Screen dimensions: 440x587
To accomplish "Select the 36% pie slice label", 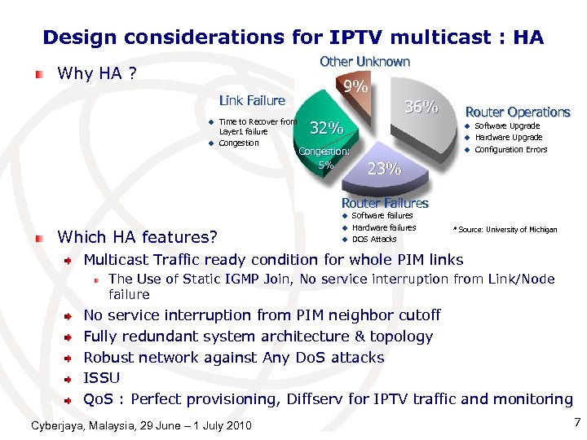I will point(421,107).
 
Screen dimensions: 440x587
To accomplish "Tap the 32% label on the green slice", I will point(327,128).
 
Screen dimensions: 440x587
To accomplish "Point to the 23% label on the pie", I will point(384,169).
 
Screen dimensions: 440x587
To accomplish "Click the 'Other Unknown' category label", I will point(364,61).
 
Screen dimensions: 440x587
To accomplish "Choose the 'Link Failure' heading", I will point(252,100).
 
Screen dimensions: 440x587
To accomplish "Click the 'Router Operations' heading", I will point(517,112).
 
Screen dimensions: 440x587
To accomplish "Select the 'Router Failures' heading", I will point(384,203).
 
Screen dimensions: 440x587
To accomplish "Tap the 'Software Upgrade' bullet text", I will point(507,126).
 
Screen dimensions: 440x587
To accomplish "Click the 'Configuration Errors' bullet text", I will point(510,149).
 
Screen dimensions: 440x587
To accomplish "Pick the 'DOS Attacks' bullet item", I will point(373,239).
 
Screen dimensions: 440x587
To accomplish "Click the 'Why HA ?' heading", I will point(97,74).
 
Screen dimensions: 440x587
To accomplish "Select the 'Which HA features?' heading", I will point(138,237).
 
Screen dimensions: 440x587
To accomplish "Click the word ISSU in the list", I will point(102,378).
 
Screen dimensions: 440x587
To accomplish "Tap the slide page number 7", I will point(576,422).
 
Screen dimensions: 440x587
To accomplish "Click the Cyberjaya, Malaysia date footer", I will point(141,425).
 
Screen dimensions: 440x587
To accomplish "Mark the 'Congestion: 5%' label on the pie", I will point(324,157).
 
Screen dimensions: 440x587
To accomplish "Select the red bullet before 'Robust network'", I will point(72,358).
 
